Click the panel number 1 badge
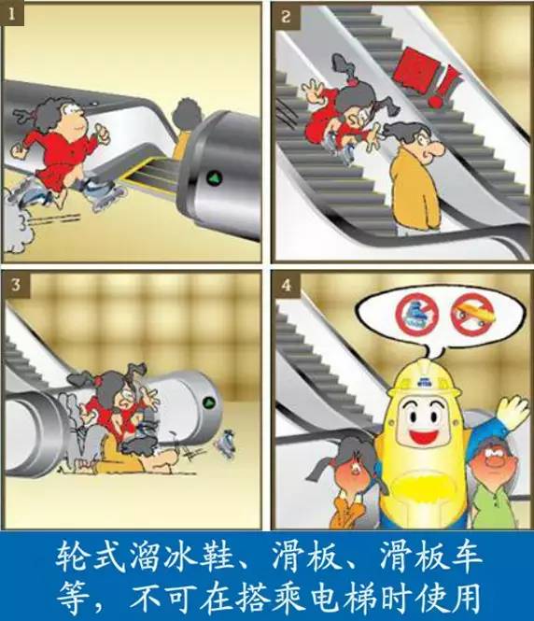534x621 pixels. pos(12,14)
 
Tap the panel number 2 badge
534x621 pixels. pos(285,16)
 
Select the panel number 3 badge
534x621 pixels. pos(15,285)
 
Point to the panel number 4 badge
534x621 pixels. pos(287,286)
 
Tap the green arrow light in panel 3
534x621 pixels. pos(208,403)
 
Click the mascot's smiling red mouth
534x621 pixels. pos(423,436)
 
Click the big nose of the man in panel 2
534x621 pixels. pos(436,148)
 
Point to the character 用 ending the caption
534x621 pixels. pos(465,597)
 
